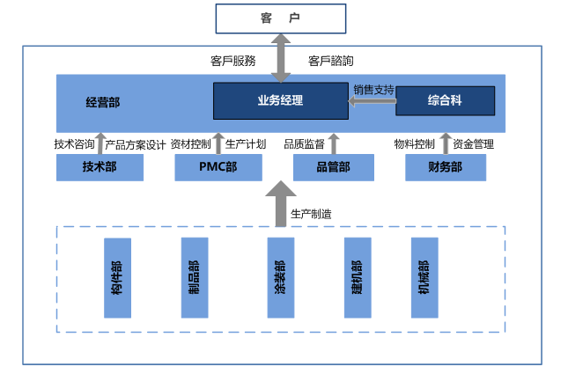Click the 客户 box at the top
[x=279, y=18]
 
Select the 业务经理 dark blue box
[x=280, y=100]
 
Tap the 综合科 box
[x=444, y=100]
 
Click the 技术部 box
[x=100, y=167]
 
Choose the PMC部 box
[x=218, y=167]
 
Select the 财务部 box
[x=446, y=167]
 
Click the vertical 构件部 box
[x=117, y=277]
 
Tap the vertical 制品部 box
[x=194, y=277]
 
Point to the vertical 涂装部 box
[x=280, y=277]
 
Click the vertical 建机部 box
[x=357, y=277]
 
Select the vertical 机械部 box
[x=424, y=277]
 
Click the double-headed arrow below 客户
[x=280, y=58]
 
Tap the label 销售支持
[x=373, y=89]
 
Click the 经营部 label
[x=103, y=102]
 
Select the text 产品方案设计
[x=136, y=144]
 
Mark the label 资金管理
[x=474, y=144]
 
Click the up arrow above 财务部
[x=445, y=144]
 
